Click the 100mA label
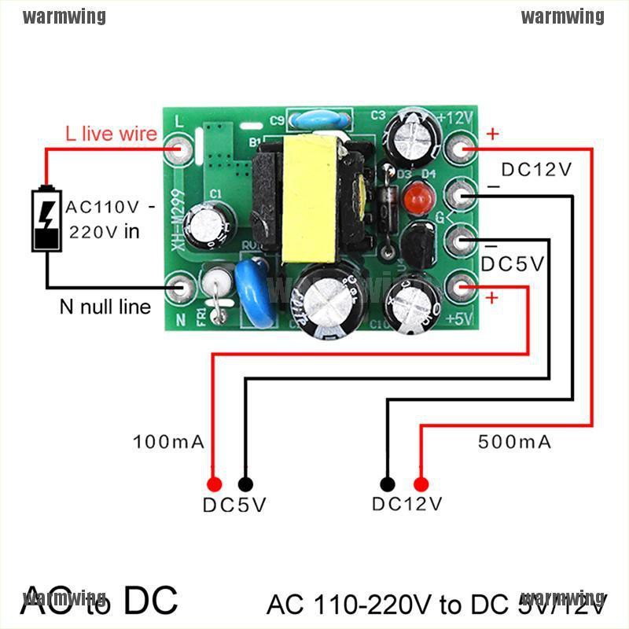pos(170,442)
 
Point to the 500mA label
pos(515,442)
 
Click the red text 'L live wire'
pos(111,134)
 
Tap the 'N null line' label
pos(105,307)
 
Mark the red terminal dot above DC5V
pos(212,484)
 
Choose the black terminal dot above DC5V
pos(246,484)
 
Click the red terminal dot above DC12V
pos(421,484)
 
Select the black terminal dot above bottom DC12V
pos(387,484)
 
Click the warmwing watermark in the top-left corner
pos(64,17)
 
